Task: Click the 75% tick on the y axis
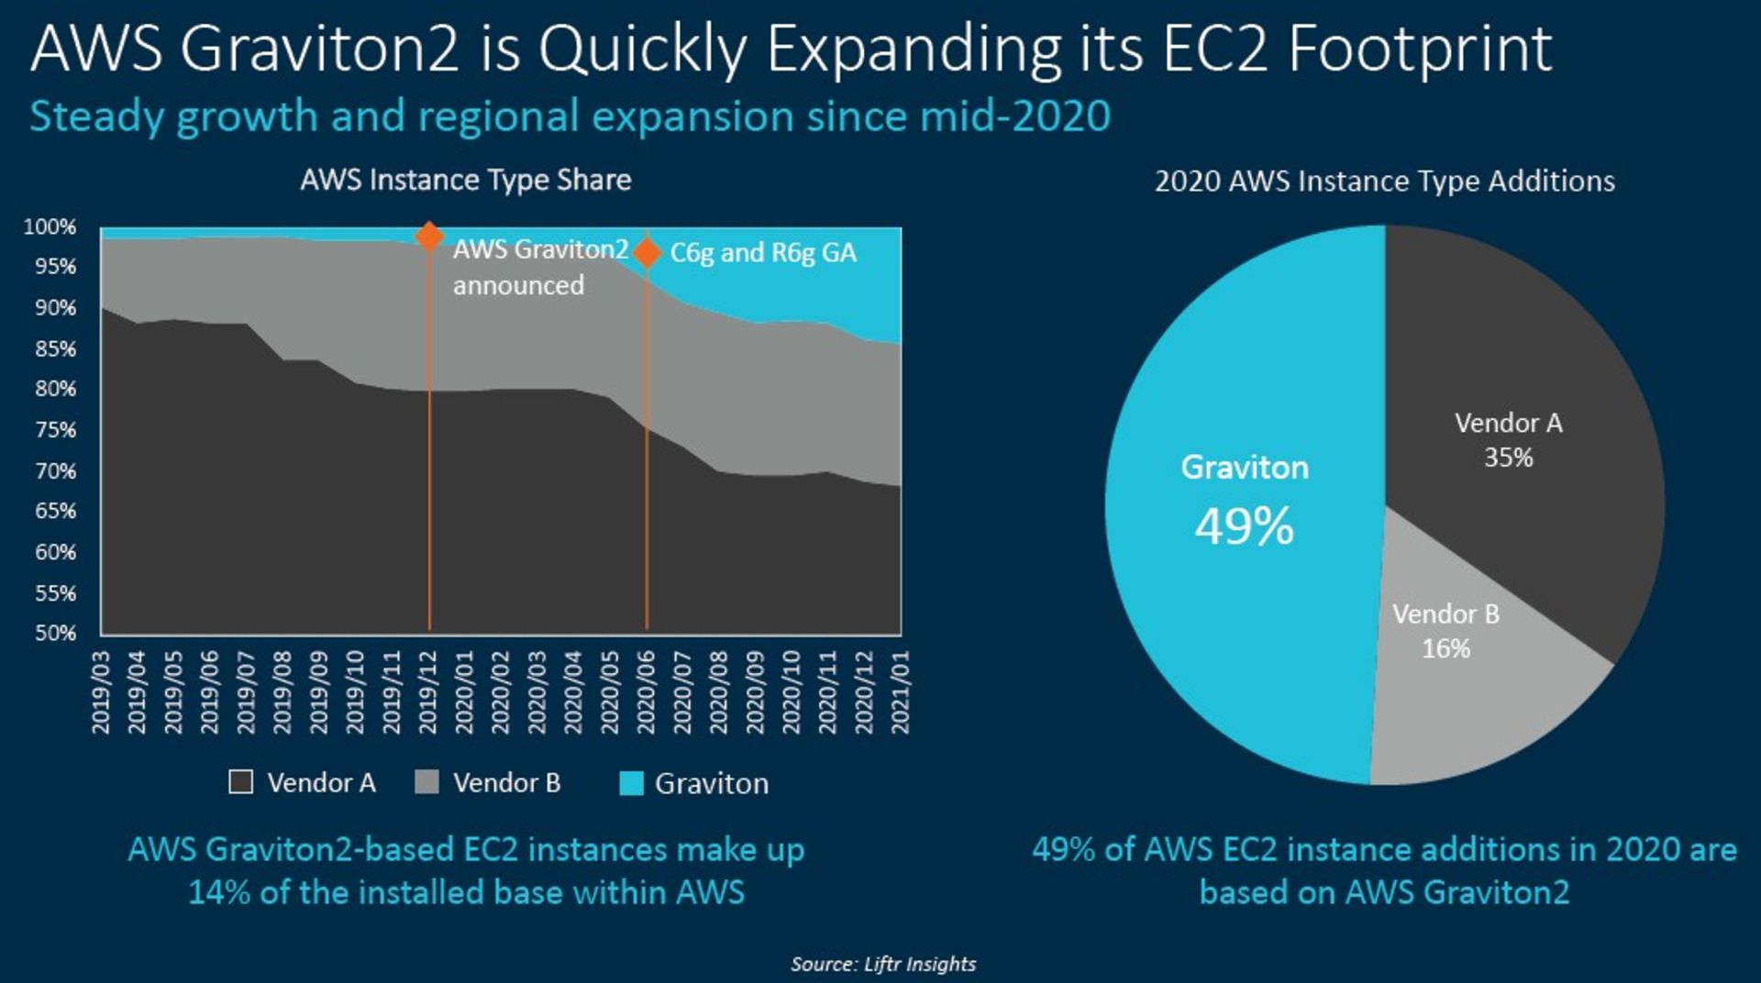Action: (x=55, y=430)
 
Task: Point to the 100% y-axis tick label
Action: (x=50, y=226)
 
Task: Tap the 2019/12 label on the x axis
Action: (x=428, y=692)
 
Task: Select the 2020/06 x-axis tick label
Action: (x=647, y=692)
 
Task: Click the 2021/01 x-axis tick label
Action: (x=901, y=692)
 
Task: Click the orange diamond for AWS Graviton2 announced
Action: (x=429, y=236)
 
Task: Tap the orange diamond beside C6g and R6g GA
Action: (x=647, y=252)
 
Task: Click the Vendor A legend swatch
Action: (x=240, y=782)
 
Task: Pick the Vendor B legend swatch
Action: (x=426, y=782)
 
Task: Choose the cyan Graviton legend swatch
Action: (x=631, y=783)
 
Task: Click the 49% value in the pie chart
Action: (x=1244, y=526)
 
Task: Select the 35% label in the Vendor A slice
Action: (x=1509, y=458)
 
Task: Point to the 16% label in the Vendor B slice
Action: (x=1445, y=648)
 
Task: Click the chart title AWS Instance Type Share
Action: (x=466, y=180)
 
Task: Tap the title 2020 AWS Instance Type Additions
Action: (x=1384, y=181)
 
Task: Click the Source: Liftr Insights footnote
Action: (x=883, y=964)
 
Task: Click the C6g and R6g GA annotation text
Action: (x=763, y=252)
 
